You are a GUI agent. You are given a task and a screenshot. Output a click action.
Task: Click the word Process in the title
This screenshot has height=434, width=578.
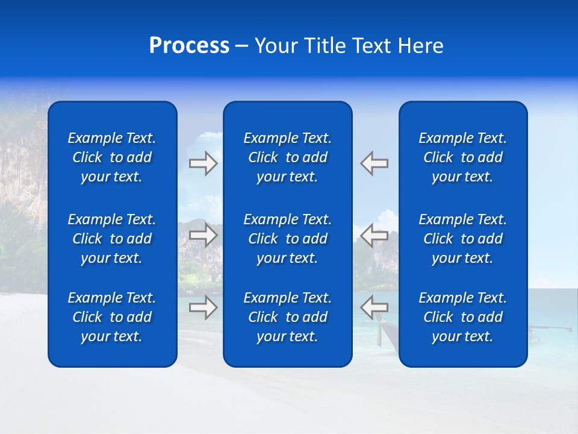pyautogui.click(x=189, y=46)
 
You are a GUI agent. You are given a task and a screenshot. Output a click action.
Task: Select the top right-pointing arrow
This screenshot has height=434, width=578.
pyautogui.click(x=204, y=163)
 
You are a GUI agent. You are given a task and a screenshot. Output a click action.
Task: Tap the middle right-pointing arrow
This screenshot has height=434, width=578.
pyautogui.click(x=204, y=235)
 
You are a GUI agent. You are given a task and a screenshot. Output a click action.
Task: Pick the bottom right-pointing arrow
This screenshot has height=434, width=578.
pyautogui.click(x=204, y=307)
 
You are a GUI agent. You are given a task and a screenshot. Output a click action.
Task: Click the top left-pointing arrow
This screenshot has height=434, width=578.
pyautogui.click(x=374, y=163)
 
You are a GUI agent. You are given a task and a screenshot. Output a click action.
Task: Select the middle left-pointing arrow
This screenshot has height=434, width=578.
pyautogui.click(x=374, y=235)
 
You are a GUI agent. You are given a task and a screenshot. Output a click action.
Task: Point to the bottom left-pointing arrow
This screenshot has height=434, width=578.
pyautogui.click(x=374, y=307)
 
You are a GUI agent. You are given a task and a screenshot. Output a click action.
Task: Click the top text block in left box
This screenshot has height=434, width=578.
pyautogui.click(x=112, y=157)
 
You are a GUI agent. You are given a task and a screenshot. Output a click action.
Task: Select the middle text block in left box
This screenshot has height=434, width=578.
pyautogui.click(x=112, y=239)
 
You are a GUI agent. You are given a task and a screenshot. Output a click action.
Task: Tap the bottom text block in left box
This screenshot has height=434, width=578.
pyautogui.click(x=112, y=317)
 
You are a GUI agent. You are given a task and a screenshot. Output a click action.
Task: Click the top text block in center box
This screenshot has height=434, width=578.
pyautogui.click(x=288, y=157)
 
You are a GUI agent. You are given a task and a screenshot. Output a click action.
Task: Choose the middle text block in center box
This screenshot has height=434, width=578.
pyautogui.click(x=288, y=239)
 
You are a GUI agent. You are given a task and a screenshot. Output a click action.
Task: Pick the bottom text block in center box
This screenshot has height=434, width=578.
pyautogui.click(x=288, y=317)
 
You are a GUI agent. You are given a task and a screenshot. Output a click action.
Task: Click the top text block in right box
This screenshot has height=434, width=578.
pyautogui.click(x=463, y=157)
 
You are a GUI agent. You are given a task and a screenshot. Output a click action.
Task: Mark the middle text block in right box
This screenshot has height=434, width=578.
pyautogui.click(x=463, y=239)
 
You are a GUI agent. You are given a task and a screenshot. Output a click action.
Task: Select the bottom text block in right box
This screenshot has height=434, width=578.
pyautogui.click(x=463, y=317)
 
